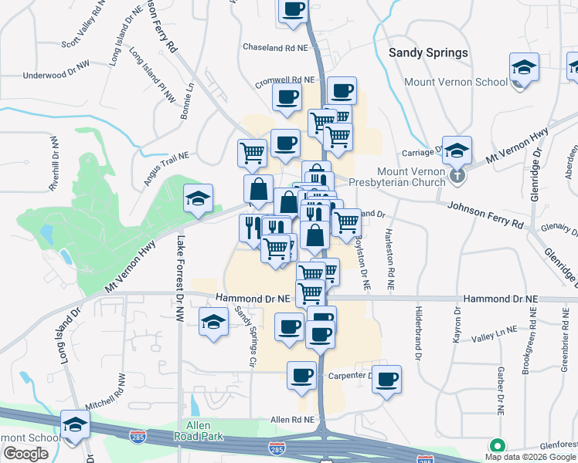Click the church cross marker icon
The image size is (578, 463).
[457, 177]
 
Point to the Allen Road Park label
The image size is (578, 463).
[204, 431]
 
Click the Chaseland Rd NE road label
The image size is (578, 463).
[275, 47]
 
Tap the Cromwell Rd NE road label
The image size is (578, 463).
[287, 79]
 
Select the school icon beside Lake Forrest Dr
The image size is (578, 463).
[198, 199]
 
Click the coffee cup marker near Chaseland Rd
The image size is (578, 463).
[293, 11]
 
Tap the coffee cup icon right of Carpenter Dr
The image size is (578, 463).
[387, 379]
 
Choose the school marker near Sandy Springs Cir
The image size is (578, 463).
[213, 322]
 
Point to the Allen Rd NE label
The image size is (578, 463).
[292, 419]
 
